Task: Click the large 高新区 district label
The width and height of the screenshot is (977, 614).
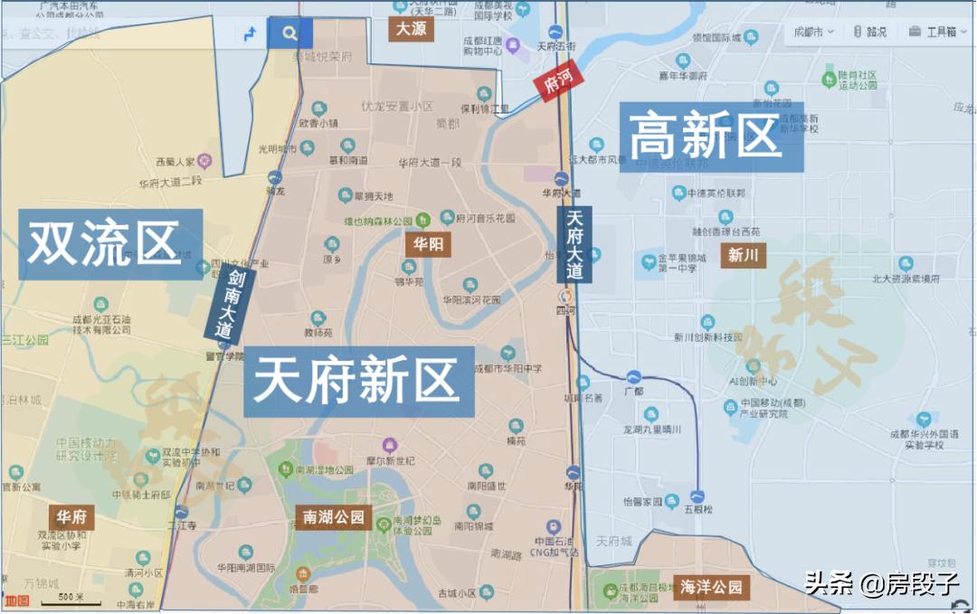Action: pos(705,137)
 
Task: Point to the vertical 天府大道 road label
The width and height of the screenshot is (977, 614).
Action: pos(574,243)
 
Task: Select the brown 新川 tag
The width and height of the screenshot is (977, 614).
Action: pos(743,255)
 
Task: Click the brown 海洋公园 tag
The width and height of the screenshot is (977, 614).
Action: pos(711,587)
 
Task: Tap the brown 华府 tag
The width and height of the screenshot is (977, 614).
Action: pos(71,517)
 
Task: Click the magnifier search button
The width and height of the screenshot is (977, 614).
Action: pos(289,33)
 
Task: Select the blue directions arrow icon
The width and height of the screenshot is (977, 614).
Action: pos(250,33)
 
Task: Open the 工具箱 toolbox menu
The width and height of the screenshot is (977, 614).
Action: pos(933,32)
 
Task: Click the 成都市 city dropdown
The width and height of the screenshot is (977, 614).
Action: pos(812,32)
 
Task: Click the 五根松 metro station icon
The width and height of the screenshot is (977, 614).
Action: pos(697,496)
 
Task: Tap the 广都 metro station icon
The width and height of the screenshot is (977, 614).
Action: pos(633,376)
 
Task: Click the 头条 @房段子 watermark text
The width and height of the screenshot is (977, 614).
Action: pos(882,583)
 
